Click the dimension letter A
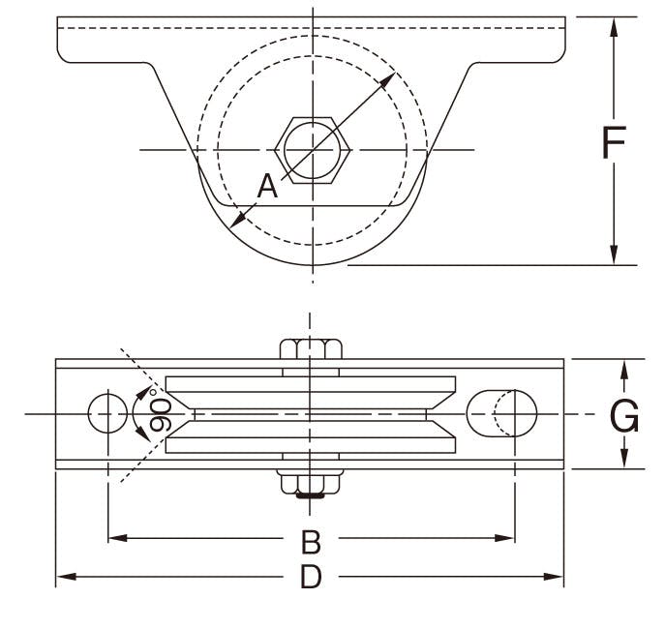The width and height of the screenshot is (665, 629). pos(267,186)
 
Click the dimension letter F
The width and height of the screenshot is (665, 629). pos(614,142)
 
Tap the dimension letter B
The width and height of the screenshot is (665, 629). pos(310,539)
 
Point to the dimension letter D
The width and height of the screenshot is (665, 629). pos(310,578)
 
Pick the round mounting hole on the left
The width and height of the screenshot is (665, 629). pos(106,413)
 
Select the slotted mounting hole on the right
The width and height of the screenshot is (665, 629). pos(501,413)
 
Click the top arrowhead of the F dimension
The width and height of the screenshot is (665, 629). pos(614,25)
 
